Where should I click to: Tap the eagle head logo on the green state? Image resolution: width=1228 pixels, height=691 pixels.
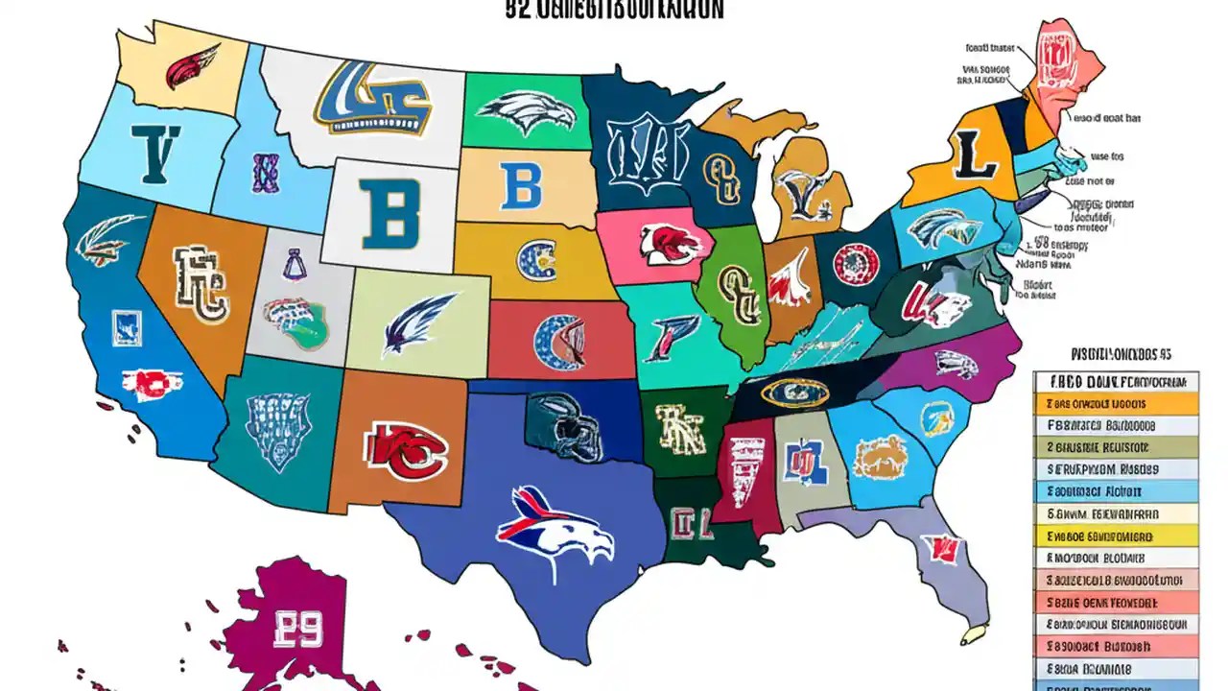[526, 112]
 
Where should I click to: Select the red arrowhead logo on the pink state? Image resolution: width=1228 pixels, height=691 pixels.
[661, 243]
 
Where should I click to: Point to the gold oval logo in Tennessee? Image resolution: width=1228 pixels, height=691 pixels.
[795, 392]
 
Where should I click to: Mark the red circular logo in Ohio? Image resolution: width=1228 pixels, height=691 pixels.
[856, 263]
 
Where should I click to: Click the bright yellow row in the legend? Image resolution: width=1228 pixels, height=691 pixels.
[1116, 537]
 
